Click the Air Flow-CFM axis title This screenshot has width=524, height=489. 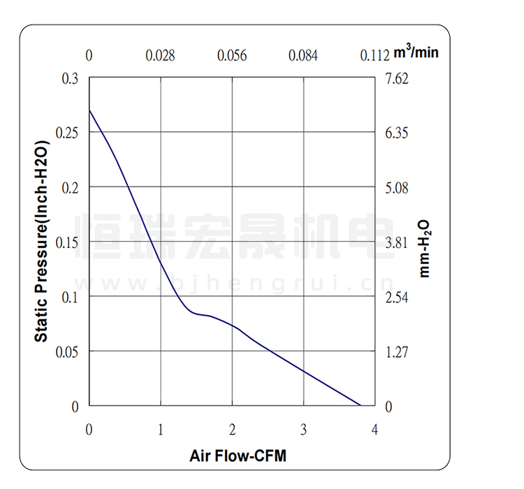[238, 457]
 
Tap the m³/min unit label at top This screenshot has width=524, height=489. [417, 52]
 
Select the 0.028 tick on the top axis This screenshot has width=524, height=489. [160, 56]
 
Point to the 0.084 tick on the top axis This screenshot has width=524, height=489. [303, 56]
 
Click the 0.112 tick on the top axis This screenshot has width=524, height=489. [374, 56]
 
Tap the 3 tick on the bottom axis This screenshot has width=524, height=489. [303, 428]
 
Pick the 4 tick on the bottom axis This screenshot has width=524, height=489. [374, 428]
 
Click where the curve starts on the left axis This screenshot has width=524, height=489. [89, 110]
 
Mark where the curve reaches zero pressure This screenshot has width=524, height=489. [361, 405]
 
